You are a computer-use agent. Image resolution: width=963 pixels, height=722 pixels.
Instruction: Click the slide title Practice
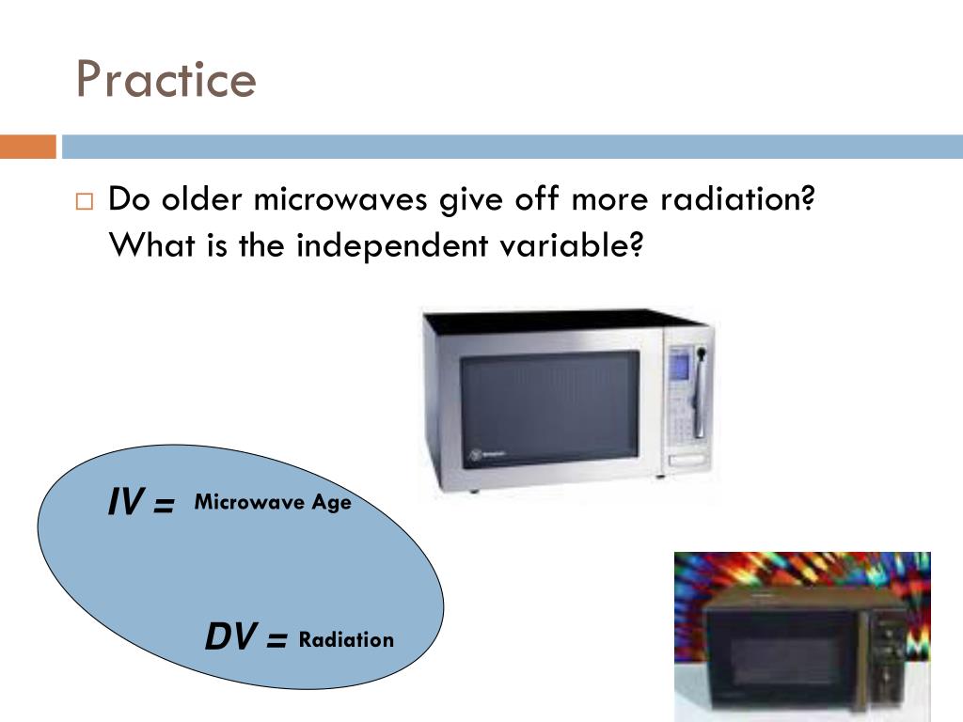(x=166, y=79)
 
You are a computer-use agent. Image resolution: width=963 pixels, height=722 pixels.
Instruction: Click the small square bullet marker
(x=85, y=202)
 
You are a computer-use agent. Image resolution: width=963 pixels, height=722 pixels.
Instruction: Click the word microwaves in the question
(x=343, y=199)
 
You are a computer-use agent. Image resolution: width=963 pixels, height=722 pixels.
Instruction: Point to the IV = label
(x=141, y=503)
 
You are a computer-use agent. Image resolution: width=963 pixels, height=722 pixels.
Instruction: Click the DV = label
(x=246, y=639)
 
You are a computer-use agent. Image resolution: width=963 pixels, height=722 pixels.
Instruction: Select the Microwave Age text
(x=273, y=502)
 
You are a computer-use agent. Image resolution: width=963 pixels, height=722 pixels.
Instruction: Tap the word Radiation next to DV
(x=346, y=640)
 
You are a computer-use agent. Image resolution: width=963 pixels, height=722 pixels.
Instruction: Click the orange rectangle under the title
(x=27, y=147)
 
